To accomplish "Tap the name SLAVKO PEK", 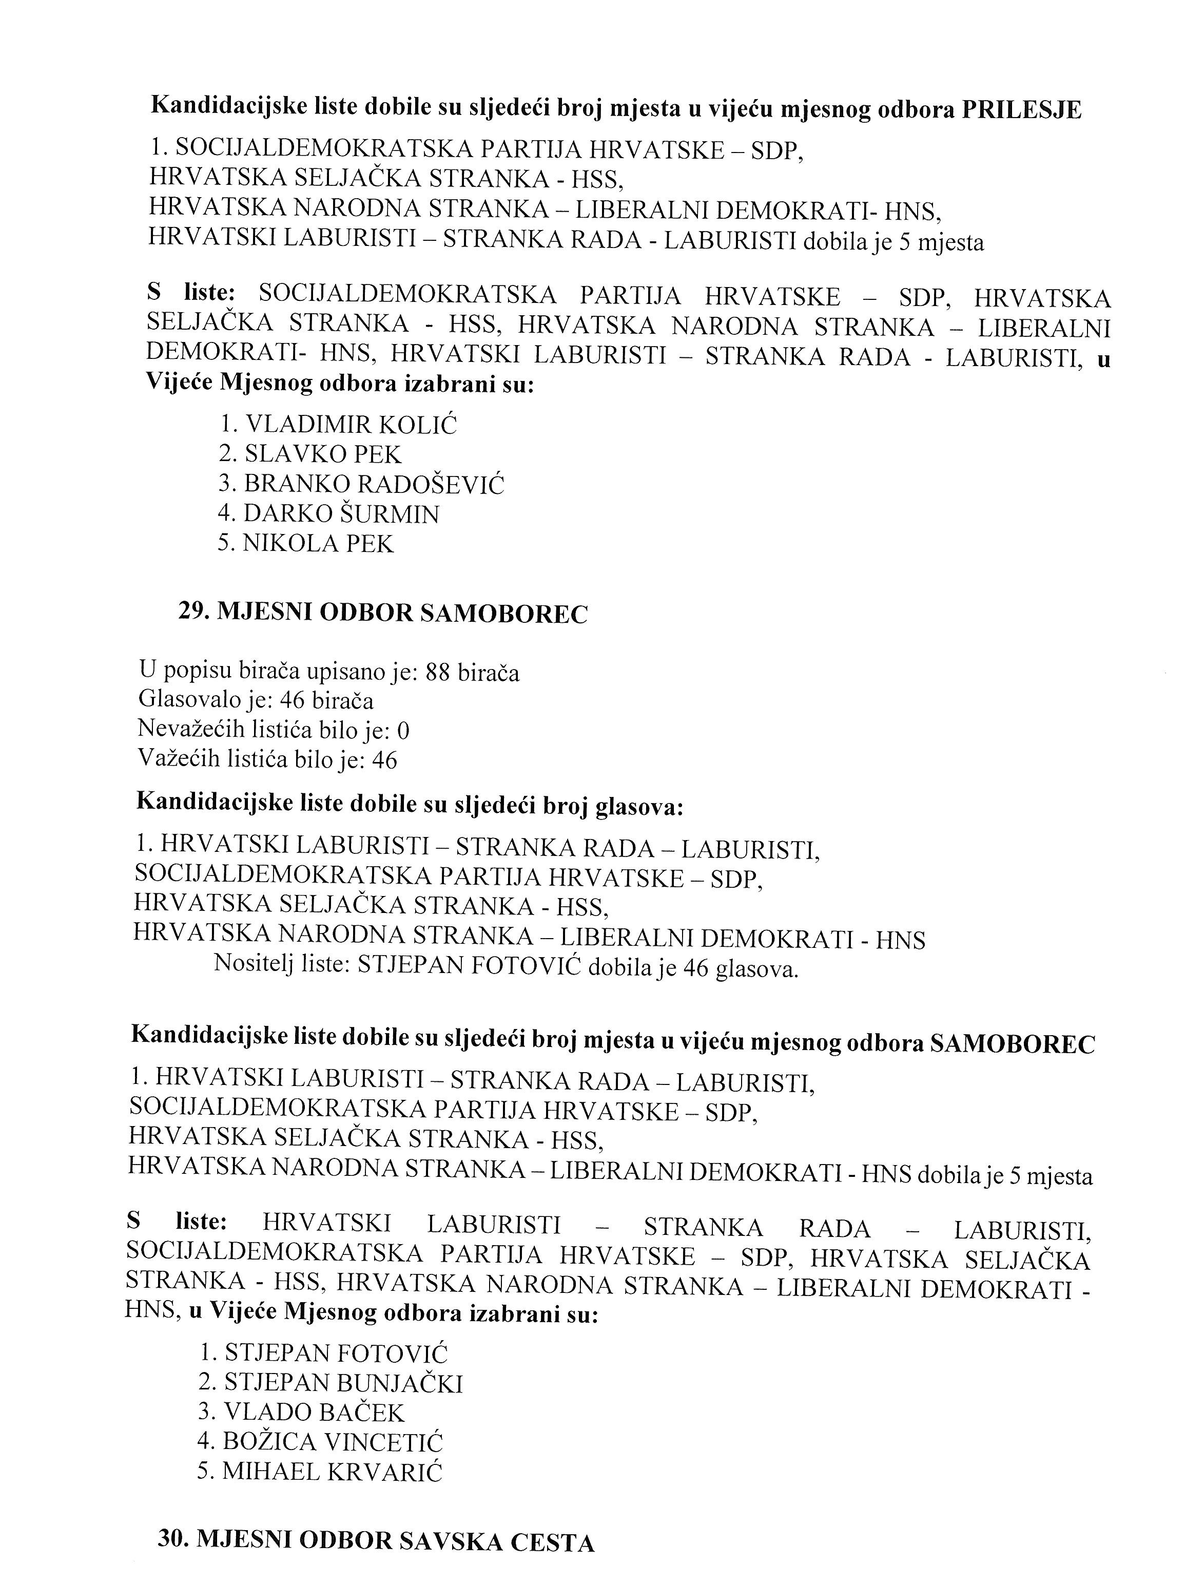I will tap(323, 454).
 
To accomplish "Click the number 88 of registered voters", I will tap(437, 672).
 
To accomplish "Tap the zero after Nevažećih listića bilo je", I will tap(403, 730).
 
